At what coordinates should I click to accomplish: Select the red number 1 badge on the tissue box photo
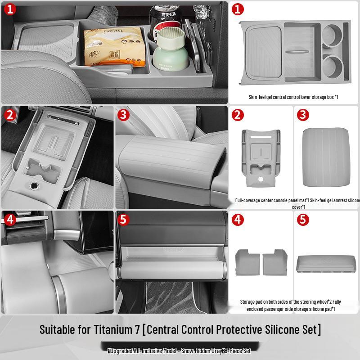[x=10, y=9]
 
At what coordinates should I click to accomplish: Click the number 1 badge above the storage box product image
[x=238, y=9]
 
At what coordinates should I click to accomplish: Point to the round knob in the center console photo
[x=33, y=186]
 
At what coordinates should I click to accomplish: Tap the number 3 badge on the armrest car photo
[x=124, y=115]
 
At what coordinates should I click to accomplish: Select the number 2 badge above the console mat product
[x=238, y=115]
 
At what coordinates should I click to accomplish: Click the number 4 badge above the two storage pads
[x=238, y=220]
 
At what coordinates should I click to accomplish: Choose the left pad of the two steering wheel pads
[x=247, y=261]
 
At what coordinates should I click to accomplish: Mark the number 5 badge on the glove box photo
[x=124, y=220]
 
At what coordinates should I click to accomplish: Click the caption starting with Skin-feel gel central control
[x=293, y=97]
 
